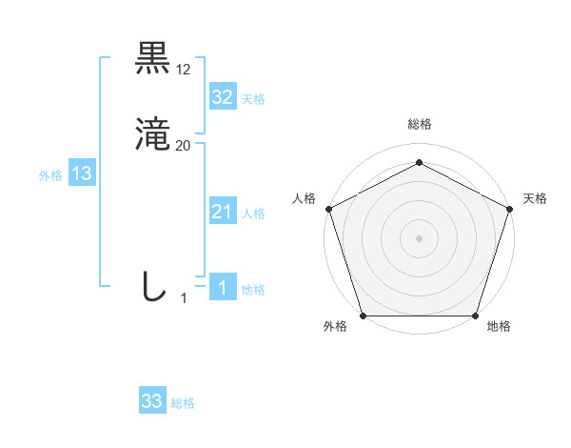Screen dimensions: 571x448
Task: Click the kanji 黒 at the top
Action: (x=152, y=59)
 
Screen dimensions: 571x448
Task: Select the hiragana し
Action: (x=152, y=286)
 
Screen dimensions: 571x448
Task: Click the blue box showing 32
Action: (x=222, y=97)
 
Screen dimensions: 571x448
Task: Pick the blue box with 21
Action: (x=222, y=212)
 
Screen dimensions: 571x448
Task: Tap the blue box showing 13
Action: (x=81, y=173)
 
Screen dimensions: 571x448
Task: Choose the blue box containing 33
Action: (x=152, y=401)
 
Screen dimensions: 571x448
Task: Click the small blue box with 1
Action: (x=222, y=288)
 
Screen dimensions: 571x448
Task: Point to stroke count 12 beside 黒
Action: (x=184, y=70)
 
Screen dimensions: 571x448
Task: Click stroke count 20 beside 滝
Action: (x=184, y=146)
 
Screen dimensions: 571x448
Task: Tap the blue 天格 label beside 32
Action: (x=253, y=99)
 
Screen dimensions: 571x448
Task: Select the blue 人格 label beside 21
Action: (x=253, y=214)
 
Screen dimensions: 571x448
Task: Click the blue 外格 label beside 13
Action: (x=50, y=175)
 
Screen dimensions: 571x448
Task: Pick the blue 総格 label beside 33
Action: (x=183, y=403)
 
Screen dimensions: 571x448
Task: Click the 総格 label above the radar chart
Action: (x=419, y=124)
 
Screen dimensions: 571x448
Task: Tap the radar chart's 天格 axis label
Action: (x=535, y=198)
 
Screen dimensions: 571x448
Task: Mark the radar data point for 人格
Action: (x=328, y=208)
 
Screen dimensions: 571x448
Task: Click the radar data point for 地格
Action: (x=475, y=316)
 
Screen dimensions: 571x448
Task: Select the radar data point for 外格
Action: (x=363, y=316)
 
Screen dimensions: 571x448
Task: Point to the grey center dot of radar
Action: (x=419, y=237)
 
